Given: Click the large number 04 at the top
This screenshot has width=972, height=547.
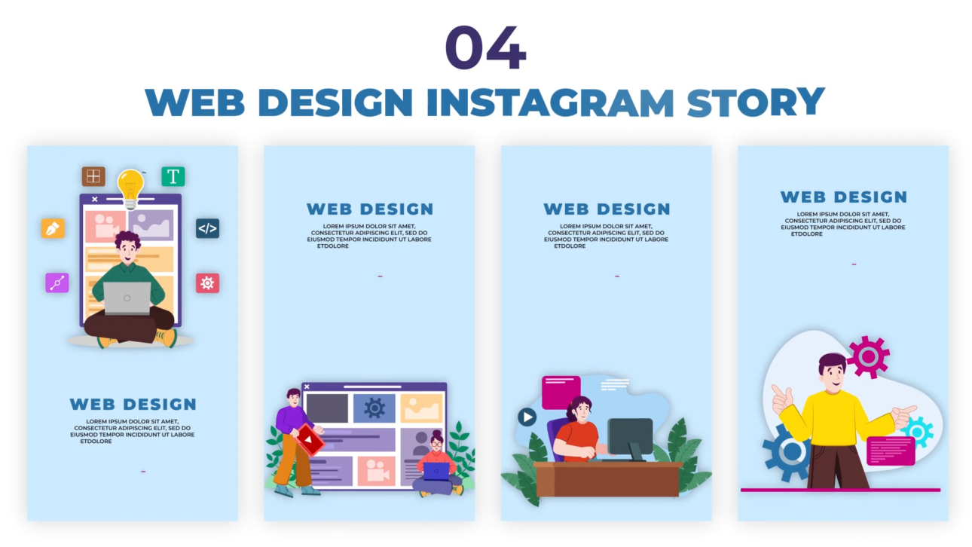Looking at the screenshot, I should [485, 47].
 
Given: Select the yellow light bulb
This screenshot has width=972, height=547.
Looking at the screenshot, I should [130, 185].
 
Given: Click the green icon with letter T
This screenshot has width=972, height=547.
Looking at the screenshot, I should [173, 177].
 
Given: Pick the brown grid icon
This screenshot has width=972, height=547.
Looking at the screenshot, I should [93, 177].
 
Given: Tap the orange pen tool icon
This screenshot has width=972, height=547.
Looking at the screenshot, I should [53, 228].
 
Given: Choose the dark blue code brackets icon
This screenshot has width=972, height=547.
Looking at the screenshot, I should [207, 228].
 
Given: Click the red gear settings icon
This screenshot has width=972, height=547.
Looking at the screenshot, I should [207, 283].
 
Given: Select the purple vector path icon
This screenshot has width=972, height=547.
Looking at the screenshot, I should [57, 283].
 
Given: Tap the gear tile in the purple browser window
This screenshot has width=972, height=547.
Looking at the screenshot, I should [374, 408].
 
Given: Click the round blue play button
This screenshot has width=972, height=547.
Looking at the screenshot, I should [527, 417].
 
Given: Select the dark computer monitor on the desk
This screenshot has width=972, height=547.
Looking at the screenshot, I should [630, 437].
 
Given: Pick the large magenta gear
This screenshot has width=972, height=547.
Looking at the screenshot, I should [868, 356].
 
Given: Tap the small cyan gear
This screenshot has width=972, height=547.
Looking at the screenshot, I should [917, 432].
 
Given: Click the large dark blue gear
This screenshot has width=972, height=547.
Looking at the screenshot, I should [788, 451].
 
